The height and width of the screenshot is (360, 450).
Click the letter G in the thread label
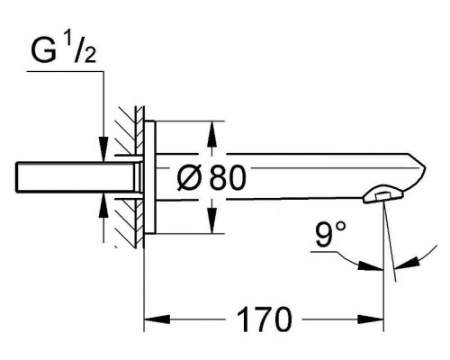44,51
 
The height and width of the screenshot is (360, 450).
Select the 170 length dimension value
264,319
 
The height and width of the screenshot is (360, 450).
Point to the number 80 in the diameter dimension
228,178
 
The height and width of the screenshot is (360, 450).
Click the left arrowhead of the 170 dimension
157,319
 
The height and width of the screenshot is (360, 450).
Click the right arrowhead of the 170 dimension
371,319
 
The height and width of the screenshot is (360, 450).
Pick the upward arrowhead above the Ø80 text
212,134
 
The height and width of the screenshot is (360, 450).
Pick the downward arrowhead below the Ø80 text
212,220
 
